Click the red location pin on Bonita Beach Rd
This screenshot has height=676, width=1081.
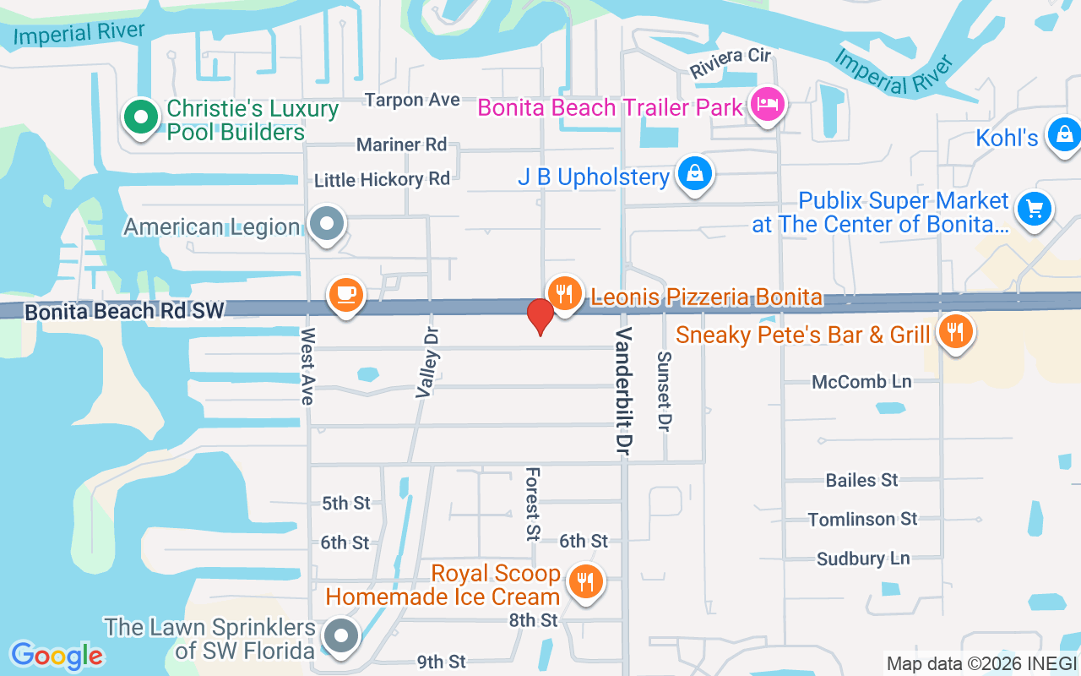(x=540, y=315)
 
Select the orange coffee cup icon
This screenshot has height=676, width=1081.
(x=345, y=295)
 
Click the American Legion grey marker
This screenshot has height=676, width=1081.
(x=326, y=225)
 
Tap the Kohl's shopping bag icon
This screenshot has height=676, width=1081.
(x=1064, y=134)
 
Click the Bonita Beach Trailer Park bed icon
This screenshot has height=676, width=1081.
(x=767, y=106)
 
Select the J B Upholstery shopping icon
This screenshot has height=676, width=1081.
(x=694, y=175)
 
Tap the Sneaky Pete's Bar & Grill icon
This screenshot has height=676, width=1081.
(x=955, y=332)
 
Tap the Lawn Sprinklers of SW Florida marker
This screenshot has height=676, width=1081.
(x=341, y=635)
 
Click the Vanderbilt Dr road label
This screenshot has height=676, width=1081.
(x=623, y=388)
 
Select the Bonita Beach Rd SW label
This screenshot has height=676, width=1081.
(x=125, y=311)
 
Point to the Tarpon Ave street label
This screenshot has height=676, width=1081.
(x=413, y=100)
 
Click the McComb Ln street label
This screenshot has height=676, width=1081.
(x=861, y=382)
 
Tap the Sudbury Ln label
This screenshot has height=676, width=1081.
(x=862, y=559)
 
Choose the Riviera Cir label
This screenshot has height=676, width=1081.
(x=731, y=63)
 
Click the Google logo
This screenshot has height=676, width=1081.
(x=57, y=655)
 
